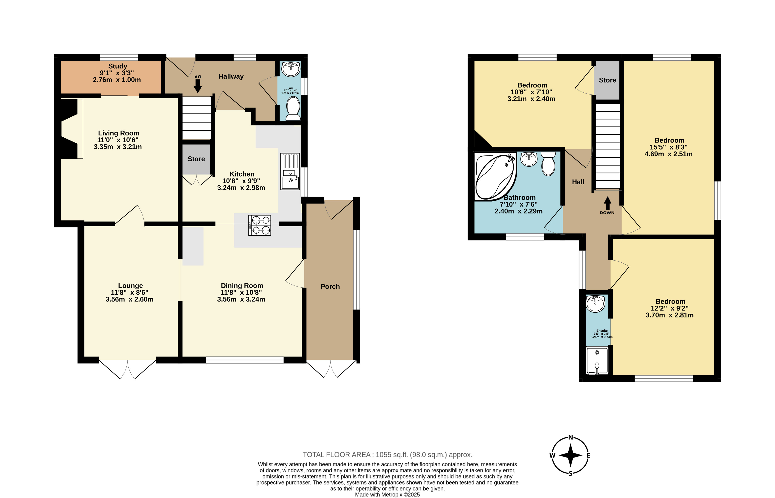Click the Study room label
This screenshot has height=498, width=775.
[x=118, y=66]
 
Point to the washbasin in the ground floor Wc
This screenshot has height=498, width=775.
[x=291, y=69]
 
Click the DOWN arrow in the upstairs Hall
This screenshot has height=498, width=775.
[x=607, y=203]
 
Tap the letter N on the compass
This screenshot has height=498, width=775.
[x=571, y=438]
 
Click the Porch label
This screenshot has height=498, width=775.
[x=330, y=286]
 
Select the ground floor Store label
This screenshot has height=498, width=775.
[x=196, y=159]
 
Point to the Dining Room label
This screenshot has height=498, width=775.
[x=242, y=286]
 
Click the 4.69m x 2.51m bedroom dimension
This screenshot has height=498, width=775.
[x=668, y=154]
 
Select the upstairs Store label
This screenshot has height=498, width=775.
[x=607, y=80]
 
